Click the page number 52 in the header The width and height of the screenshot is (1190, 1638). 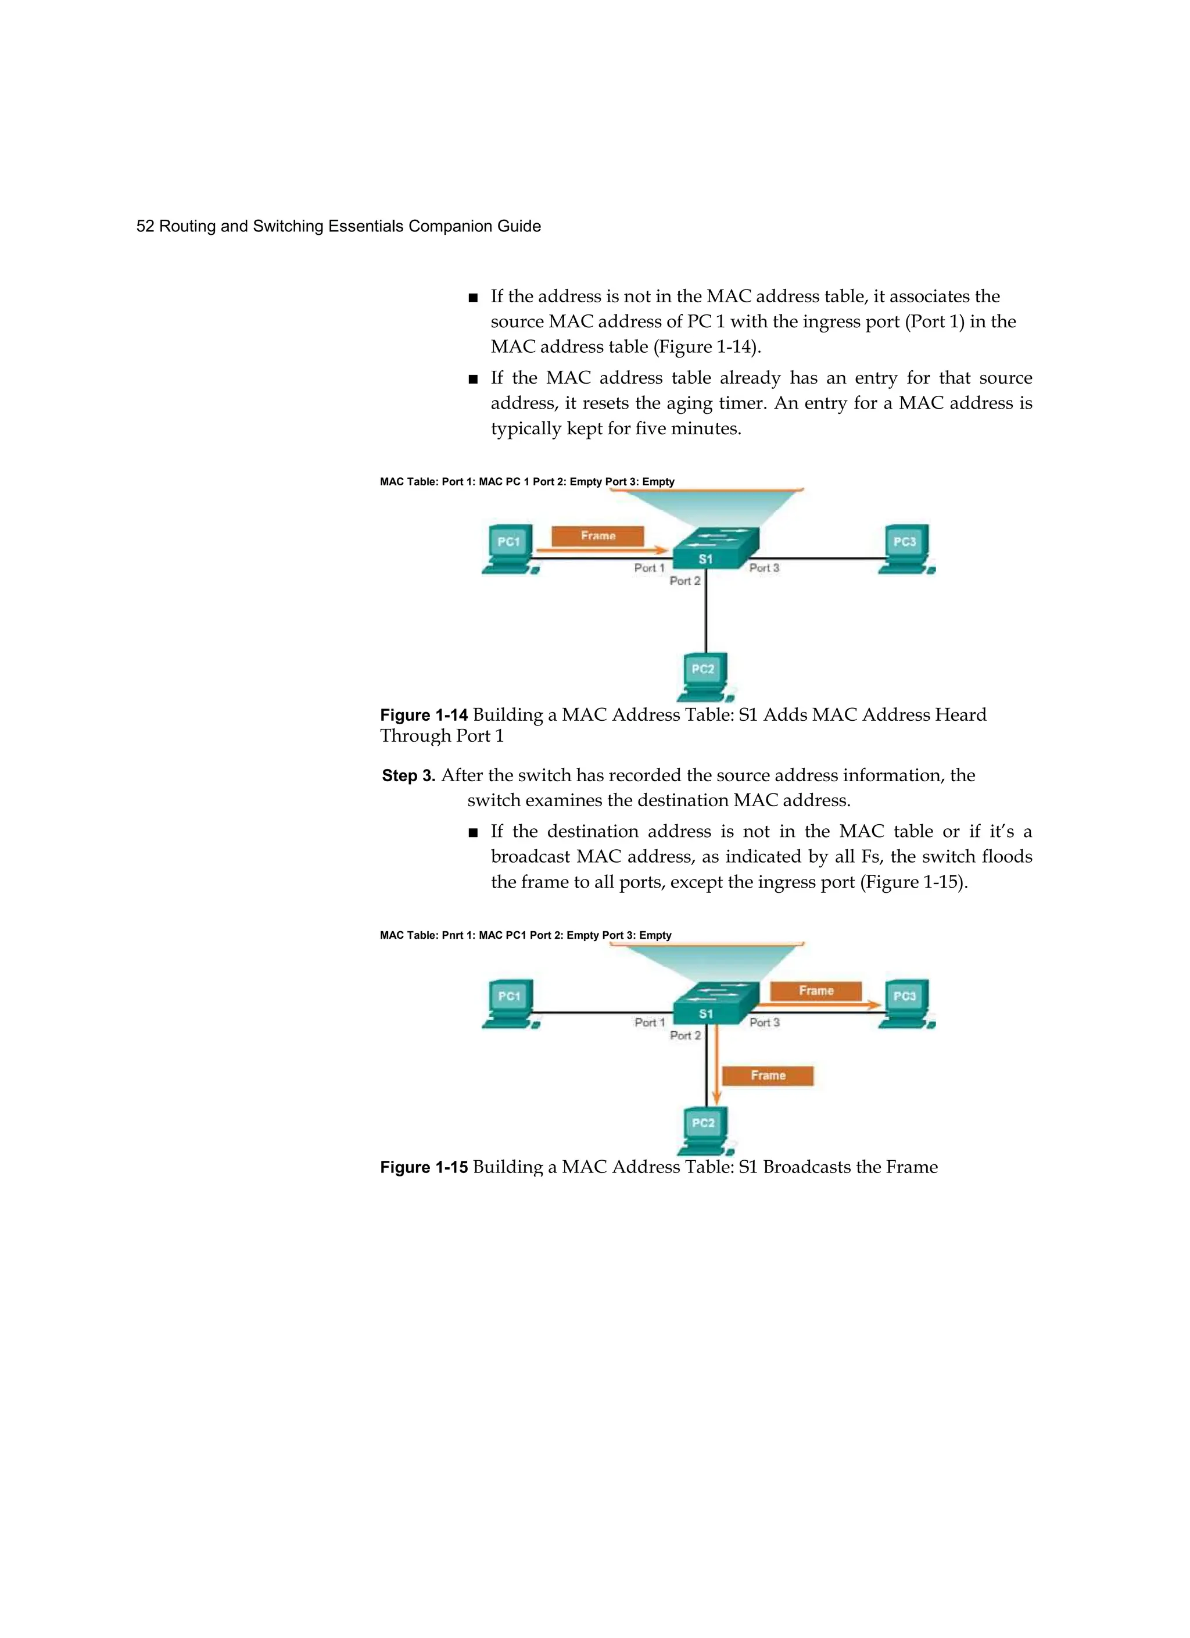click(145, 227)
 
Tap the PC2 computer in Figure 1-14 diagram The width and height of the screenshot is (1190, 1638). click(704, 677)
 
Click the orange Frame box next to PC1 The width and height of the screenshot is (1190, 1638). click(597, 536)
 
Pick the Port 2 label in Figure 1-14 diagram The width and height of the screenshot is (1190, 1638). click(684, 581)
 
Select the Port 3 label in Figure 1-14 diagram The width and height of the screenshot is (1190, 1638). click(764, 568)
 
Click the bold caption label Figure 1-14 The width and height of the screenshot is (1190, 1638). click(424, 716)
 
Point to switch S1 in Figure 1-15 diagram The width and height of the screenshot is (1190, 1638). click(714, 1004)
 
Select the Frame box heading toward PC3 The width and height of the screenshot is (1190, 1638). click(816, 991)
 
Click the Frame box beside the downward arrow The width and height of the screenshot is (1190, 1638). click(768, 1075)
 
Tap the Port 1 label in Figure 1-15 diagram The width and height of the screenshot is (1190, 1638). click(649, 1022)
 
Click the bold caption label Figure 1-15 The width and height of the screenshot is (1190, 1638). click(424, 1168)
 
